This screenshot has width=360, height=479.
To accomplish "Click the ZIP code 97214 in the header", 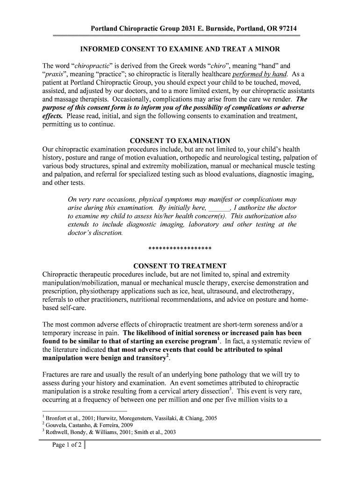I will pos(286,29).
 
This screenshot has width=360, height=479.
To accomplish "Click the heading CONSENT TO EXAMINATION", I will pos(180,141).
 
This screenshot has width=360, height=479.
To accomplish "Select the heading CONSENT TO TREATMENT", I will pos(180,266).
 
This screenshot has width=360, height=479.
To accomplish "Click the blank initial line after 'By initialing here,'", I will pos(219,208).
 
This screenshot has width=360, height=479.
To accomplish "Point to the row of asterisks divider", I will pos(180,248).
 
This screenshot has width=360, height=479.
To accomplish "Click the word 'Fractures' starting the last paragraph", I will pos(57,375).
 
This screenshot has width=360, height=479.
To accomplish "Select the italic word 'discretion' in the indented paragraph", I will pos(107,232).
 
